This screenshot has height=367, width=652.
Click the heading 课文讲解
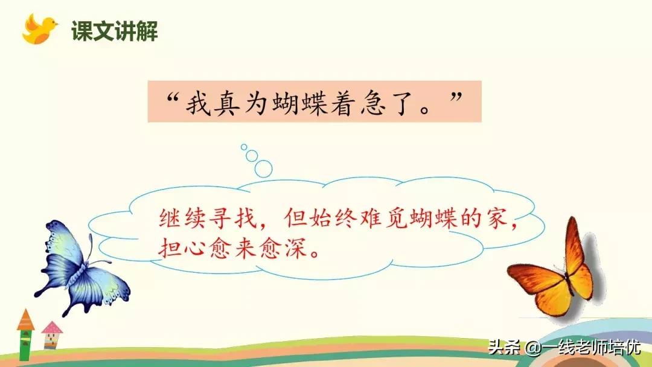click(x=114, y=31)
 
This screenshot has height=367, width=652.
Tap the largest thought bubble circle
click(x=263, y=168)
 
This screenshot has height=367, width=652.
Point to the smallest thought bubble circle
click(x=244, y=146)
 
